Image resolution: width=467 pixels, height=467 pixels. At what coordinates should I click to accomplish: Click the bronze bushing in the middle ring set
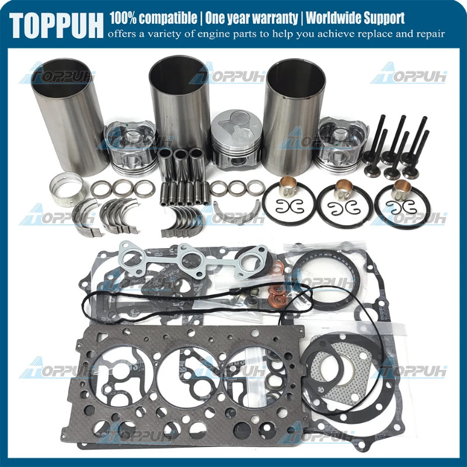[345, 190]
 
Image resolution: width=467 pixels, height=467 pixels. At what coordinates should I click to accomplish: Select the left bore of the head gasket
[117, 374]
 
